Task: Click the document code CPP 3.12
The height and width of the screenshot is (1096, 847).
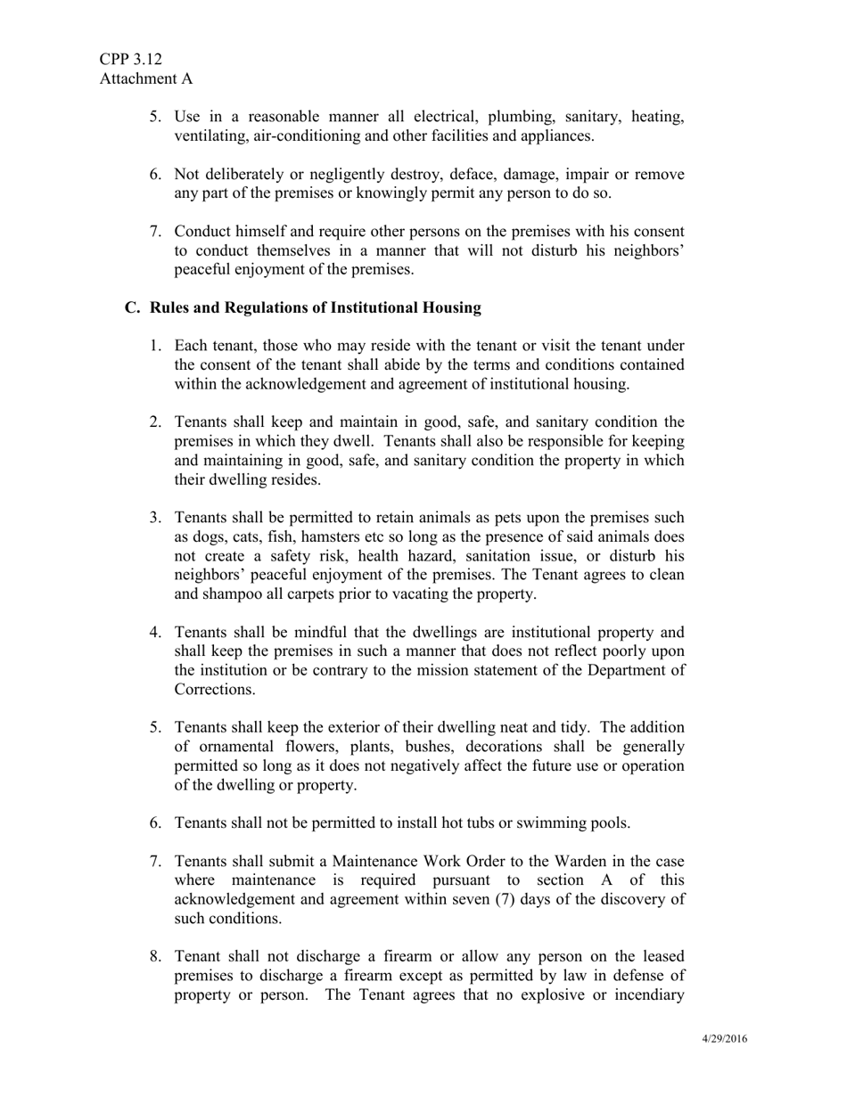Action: (x=130, y=59)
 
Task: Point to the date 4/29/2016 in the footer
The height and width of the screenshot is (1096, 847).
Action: (x=724, y=1039)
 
